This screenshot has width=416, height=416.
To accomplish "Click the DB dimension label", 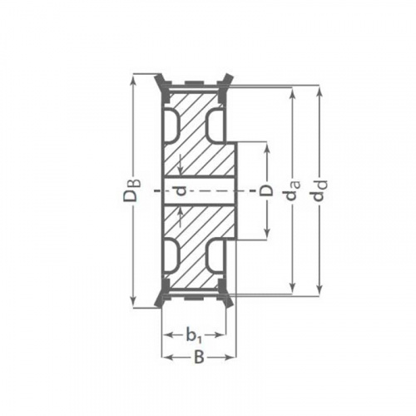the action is click(x=132, y=191).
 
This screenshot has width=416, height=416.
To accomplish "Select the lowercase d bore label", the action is click(x=181, y=191).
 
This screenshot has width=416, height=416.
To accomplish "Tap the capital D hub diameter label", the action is click(x=266, y=191).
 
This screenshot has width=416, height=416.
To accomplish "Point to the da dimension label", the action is click(x=292, y=191).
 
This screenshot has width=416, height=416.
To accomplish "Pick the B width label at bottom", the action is click(x=199, y=358).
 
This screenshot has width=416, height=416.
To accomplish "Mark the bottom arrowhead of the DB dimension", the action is click(x=134, y=301).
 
